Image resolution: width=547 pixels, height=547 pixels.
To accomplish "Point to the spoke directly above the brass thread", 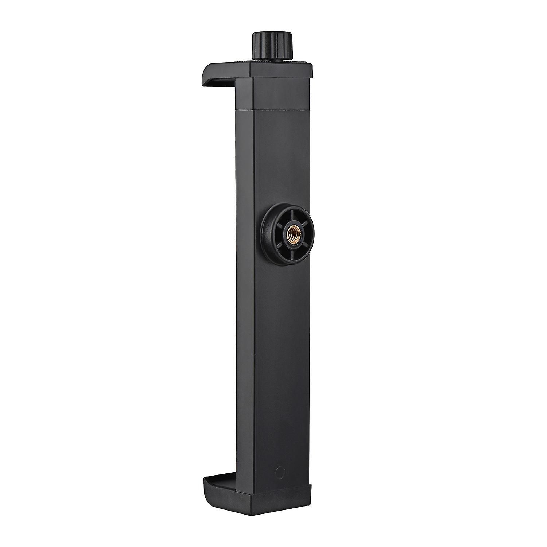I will click(x=289, y=218).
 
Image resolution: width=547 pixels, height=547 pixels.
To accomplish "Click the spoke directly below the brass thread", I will click(x=289, y=245).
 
